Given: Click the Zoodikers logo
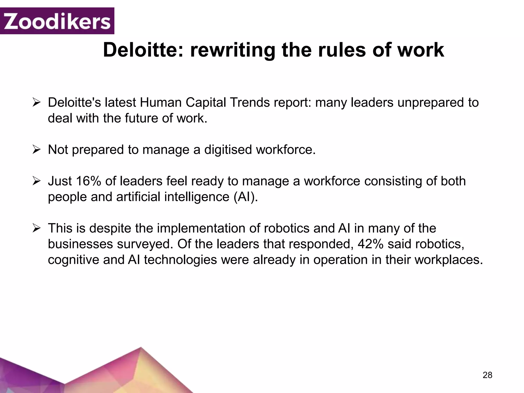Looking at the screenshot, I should coord(57,21).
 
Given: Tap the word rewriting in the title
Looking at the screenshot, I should coord(233,50).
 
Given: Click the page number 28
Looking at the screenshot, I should coord(487,375).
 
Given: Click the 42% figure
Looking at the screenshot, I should coord(370,244).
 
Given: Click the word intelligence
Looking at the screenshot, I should coord(197,197).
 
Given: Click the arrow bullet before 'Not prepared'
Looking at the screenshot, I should coord(37,150).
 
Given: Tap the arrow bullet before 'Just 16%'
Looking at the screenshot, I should coord(37,181).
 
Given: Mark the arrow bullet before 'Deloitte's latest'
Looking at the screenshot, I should coord(37,103).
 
